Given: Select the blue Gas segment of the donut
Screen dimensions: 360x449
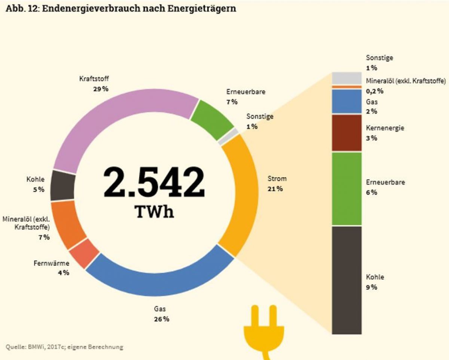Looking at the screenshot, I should click(157, 277).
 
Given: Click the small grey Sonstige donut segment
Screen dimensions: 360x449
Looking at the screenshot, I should click(229, 137).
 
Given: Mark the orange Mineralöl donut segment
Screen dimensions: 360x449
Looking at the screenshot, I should click(67, 224).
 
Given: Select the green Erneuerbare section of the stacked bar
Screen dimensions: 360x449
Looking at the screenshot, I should click(347, 189).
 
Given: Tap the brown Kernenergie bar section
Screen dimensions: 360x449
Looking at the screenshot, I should click(347, 133).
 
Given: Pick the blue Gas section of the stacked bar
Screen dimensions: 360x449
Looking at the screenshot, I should click(347, 101).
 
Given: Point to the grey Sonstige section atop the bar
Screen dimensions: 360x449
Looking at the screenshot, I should click(347, 79).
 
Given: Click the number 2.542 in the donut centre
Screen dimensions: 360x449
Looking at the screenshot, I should click(154, 182).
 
